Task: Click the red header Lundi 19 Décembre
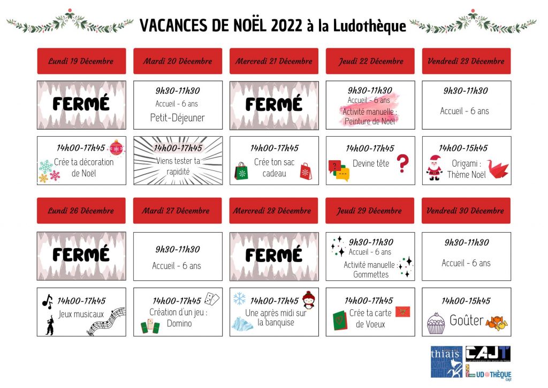coord(81,61)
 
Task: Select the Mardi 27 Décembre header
coord(178,211)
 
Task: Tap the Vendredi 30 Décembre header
coord(466,211)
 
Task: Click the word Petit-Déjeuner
coord(177,117)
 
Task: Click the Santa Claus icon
coord(434,168)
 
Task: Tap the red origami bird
coord(498,169)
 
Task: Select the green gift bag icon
coord(242,171)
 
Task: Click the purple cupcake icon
coord(436,323)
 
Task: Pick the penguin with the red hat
coord(308,300)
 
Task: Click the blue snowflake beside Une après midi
coord(239,299)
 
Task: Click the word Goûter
coord(466,321)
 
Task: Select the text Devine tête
coord(371,163)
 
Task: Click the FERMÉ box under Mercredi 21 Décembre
coord(274,105)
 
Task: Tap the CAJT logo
coord(488,354)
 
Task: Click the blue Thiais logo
coord(447,361)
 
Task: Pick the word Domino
coord(179,323)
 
